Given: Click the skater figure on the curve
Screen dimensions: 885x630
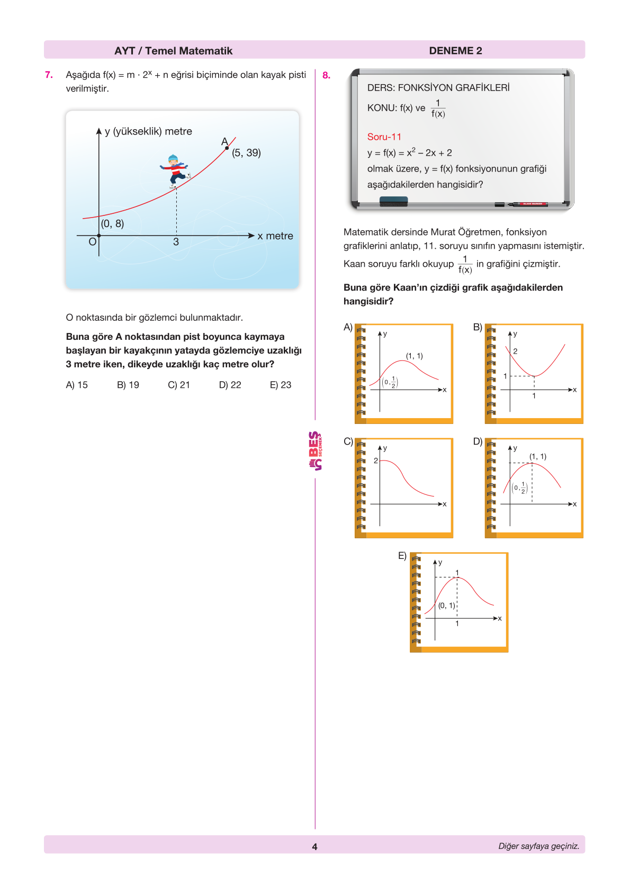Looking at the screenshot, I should tap(175, 170).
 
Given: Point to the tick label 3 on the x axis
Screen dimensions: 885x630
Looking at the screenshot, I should tap(176, 242).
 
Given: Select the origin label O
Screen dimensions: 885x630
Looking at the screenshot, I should tap(92, 242).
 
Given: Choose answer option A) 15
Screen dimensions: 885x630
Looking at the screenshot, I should tap(77, 385).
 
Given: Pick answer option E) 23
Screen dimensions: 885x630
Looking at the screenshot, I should tap(281, 385).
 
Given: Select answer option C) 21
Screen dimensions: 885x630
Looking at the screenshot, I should tap(179, 385).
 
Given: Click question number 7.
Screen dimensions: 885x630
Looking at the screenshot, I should tap(49, 75).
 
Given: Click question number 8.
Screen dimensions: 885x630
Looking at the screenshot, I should tap(326, 75).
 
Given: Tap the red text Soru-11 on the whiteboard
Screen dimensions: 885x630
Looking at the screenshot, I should tap(384, 137).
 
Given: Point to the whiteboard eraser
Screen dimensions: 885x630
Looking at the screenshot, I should tap(393, 201).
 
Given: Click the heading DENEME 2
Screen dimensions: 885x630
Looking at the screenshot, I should tap(455, 51).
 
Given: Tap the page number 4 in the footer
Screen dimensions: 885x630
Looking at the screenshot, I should tap(314, 846).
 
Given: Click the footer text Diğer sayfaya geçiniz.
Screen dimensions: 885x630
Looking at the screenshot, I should tap(538, 846).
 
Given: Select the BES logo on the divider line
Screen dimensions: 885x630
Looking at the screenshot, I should tap(315, 451).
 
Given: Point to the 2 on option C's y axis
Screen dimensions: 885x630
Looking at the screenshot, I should tap(376, 460).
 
